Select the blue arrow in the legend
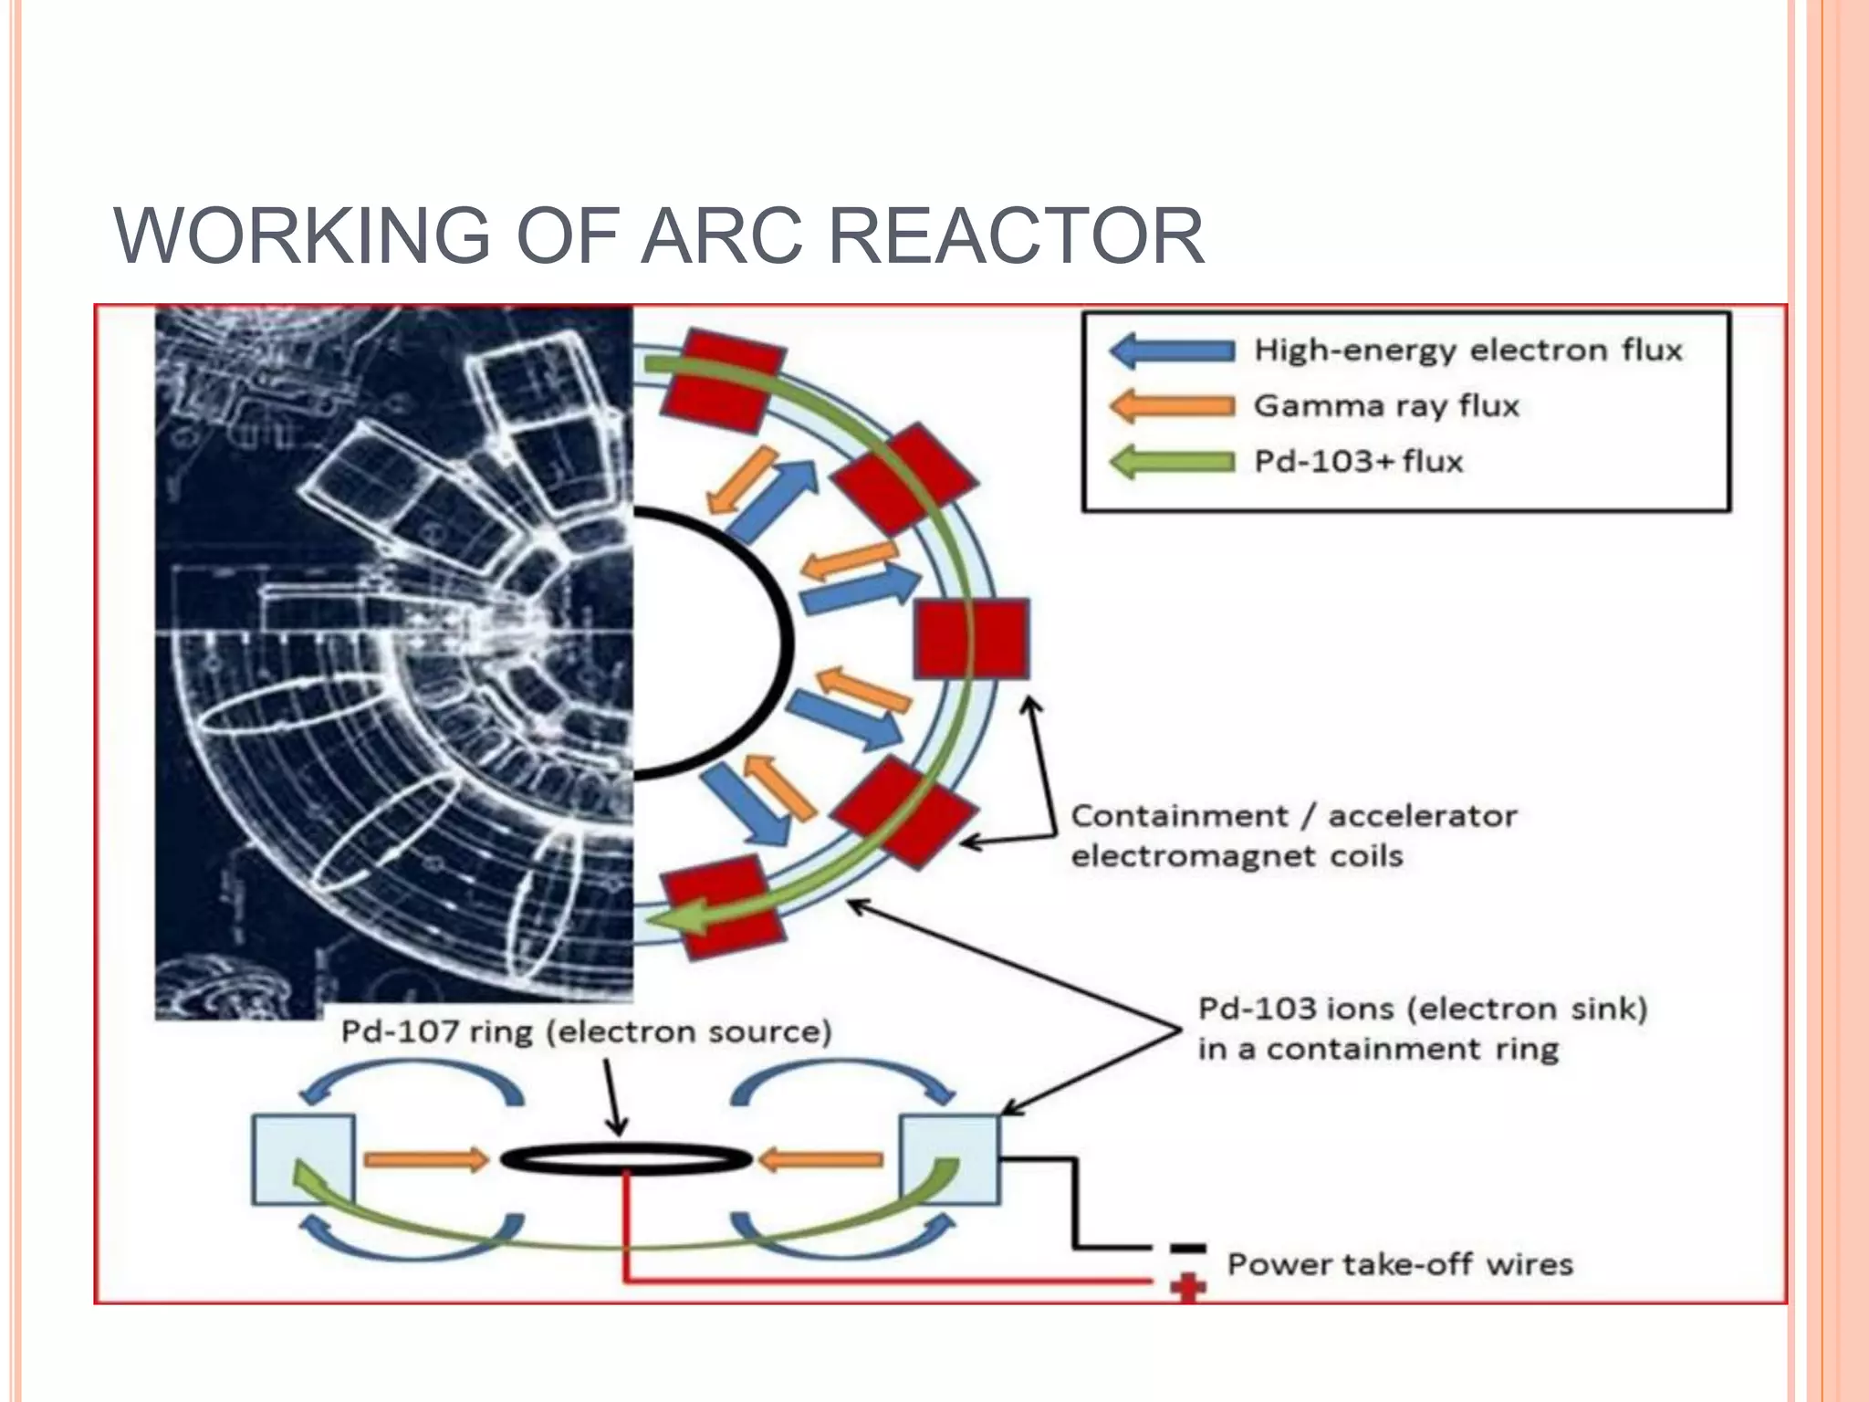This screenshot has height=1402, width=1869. tap(1172, 350)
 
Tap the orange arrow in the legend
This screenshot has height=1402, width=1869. tap(1172, 406)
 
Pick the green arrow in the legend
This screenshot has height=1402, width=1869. tap(1172, 462)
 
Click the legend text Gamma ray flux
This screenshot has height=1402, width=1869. tap(1386, 405)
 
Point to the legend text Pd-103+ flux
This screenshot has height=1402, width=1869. tap(1358, 461)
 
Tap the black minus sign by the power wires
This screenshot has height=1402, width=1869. tap(1187, 1248)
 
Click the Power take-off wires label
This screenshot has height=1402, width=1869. tap(1400, 1264)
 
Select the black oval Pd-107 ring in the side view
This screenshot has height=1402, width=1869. tap(626, 1159)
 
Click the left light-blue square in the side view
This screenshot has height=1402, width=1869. tap(303, 1159)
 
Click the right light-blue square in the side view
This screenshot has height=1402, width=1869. tap(950, 1159)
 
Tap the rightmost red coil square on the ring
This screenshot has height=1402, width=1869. tap(971, 639)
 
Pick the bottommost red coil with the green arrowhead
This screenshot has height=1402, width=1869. tap(722, 907)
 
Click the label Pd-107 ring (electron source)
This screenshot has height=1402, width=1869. tap(586, 1032)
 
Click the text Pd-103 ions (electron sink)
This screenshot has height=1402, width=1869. tap(1422, 1009)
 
